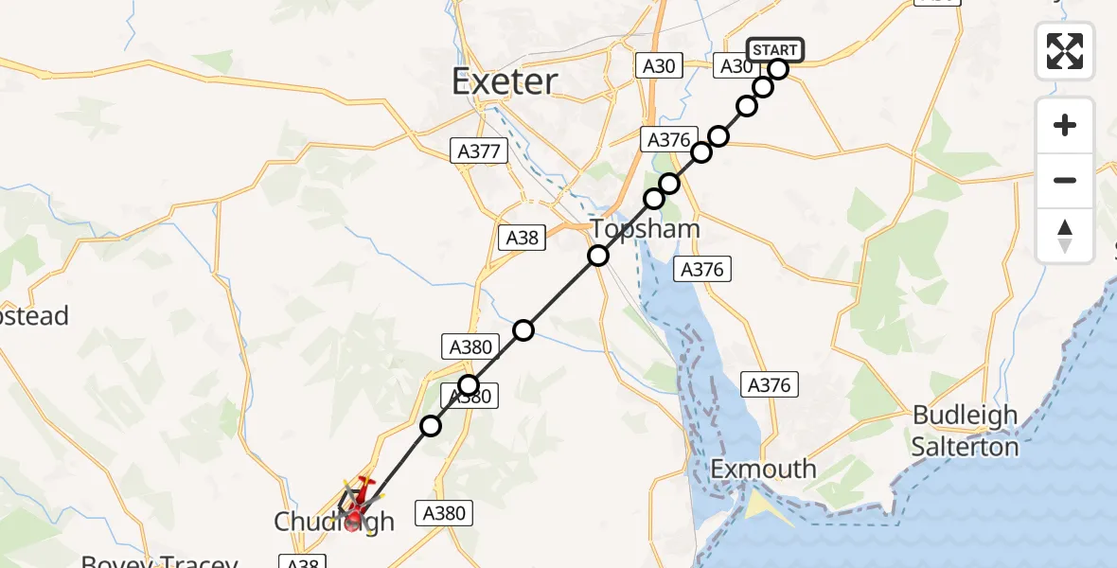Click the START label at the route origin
point(775,49)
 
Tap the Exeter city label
point(505,81)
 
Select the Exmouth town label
point(763,469)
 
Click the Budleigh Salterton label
point(965,431)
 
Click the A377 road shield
point(482,151)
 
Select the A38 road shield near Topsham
point(522,238)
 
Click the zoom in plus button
point(1065,125)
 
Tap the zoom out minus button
point(1065,180)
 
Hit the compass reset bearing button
point(1065,235)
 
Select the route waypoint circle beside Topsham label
point(597,255)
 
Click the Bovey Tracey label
point(158,562)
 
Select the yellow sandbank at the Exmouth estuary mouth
point(762,507)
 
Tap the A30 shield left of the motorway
point(659,66)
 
